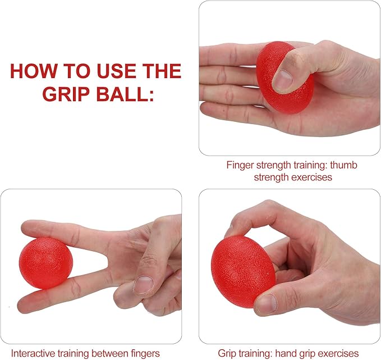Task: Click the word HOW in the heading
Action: tap(33, 71)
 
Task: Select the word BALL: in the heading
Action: tap(125, 94)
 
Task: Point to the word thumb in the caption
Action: tap(343, 165)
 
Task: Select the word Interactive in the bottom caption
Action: tap(33, 353)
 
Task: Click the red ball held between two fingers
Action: tap(45, 263)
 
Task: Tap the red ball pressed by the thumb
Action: tap(284, 78)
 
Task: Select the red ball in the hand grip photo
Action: tap(243, 271)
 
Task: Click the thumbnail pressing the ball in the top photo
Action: tap(283, 79)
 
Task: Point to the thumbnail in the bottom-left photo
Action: tap(143, 284)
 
